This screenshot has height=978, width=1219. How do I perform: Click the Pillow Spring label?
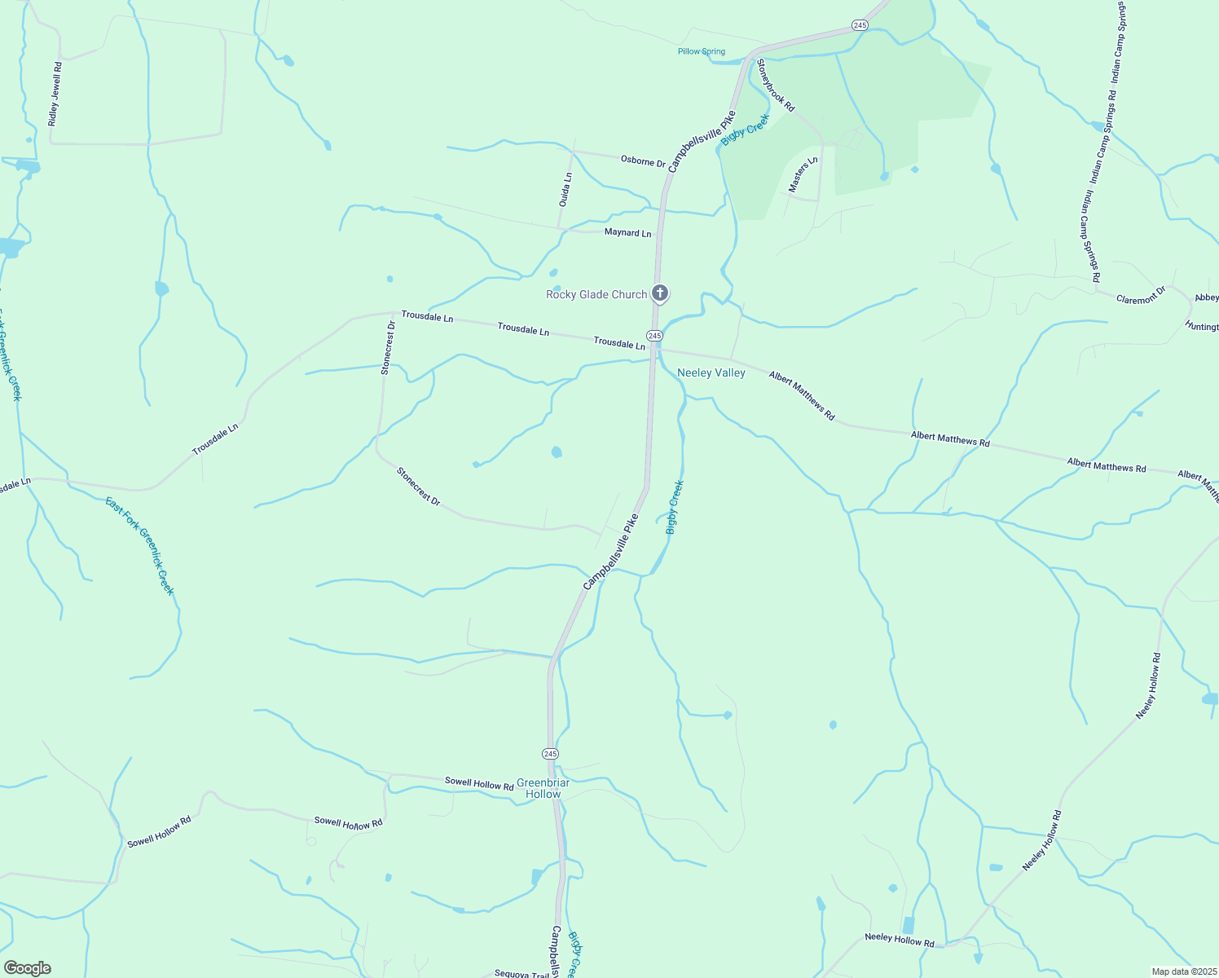(x=701, y=51)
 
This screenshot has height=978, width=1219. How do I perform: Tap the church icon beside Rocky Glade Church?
(x=660, y=293)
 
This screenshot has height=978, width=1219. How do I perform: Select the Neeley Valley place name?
(x=711, y=372)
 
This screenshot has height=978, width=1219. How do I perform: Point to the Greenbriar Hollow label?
(x=543, y=788)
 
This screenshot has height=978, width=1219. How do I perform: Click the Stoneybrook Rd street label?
(x=775, y=85)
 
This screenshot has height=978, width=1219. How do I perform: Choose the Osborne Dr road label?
(x=643, y=161)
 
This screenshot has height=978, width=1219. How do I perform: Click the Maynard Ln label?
(x=627, y=232)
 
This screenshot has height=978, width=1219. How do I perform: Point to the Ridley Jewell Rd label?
(x=55, y=94)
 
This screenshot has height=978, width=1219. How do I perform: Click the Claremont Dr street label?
(x=1141, y=294)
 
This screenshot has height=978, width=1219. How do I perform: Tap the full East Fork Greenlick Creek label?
(x=139, y=546)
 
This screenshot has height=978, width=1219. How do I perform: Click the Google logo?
(x=27, y=968)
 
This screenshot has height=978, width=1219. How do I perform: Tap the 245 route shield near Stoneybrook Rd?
(x=860, y=25)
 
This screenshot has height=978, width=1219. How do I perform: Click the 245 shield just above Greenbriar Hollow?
(x=550, y=753)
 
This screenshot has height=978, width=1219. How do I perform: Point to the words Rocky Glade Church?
(x=596, y=294)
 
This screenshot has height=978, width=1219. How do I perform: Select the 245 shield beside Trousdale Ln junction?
(x=654, y=336)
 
